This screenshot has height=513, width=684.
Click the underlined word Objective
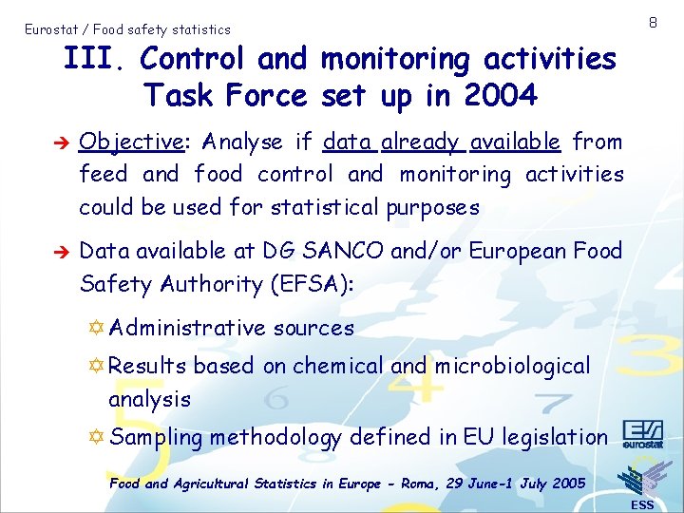132,142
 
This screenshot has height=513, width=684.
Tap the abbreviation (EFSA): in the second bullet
310,284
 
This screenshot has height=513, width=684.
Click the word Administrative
187,329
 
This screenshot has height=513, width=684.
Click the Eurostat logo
643,433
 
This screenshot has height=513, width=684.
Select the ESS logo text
642,504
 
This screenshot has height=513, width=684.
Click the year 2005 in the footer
567,484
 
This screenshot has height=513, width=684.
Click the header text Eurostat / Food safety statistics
127,29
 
